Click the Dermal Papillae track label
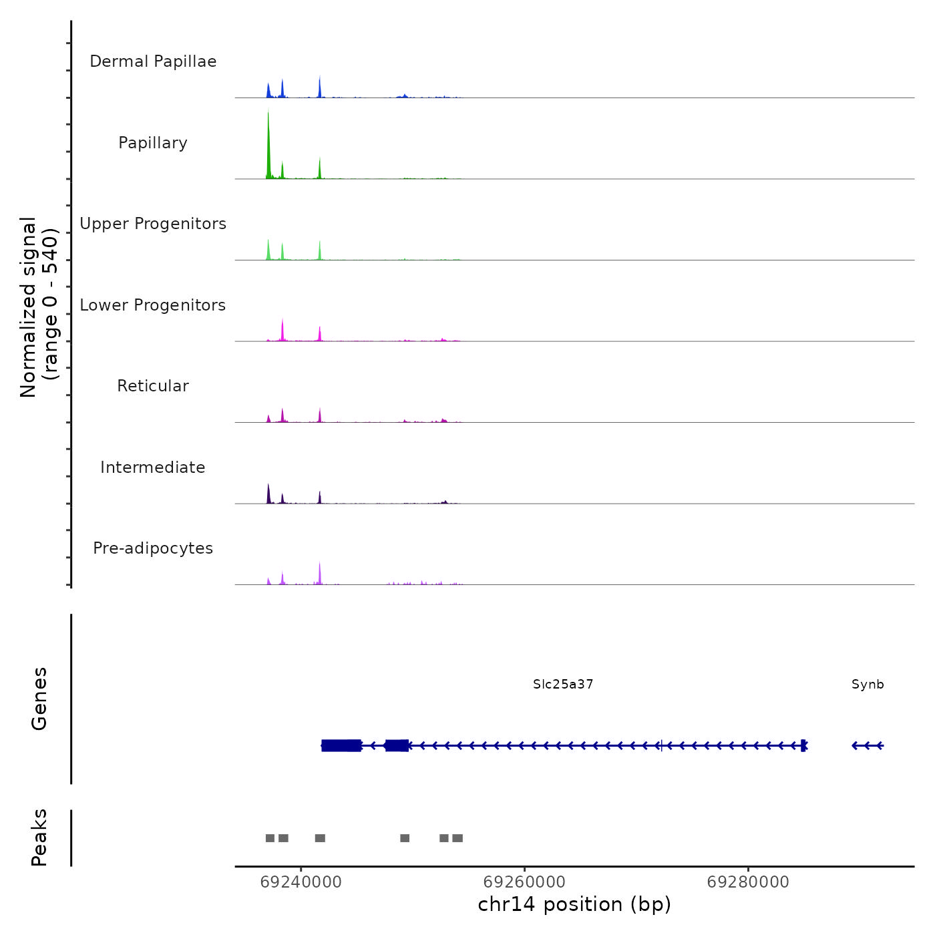[153, 61]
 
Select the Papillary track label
[153, 143]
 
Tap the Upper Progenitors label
[153, 224]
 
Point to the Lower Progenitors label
[153, 305]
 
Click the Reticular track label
[153, 386]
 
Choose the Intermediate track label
[153, 467]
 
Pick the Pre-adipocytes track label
[153, 548]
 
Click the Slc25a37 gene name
[563, 684]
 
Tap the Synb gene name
[868, 684]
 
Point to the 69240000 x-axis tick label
[301, 882]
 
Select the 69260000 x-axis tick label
[524, 882]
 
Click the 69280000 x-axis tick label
[748, 882]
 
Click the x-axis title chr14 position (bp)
[574, 904]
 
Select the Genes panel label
[39, 699]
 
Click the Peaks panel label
[39, 837]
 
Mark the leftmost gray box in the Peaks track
[270, 838]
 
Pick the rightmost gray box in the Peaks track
[457, 838]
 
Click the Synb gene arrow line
[868, 745]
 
